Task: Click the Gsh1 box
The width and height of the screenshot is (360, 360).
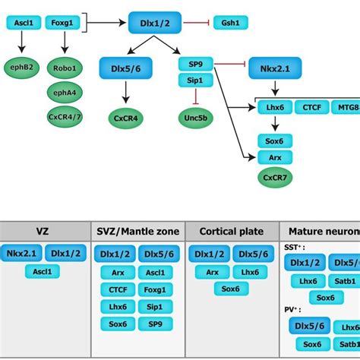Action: tap(229, 22)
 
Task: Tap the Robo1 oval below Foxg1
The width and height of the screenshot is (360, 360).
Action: tap(65, 68)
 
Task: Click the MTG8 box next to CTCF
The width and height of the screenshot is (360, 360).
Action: tap(346, 107)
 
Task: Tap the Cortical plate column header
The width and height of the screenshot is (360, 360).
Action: tap(230, 231)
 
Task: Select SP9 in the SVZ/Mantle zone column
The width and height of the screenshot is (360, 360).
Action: tap(155, 324)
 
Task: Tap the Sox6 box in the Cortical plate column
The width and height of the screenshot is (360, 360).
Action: tap(225, 289)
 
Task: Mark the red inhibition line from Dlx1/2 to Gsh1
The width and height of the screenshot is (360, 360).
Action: tap(195, 22)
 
